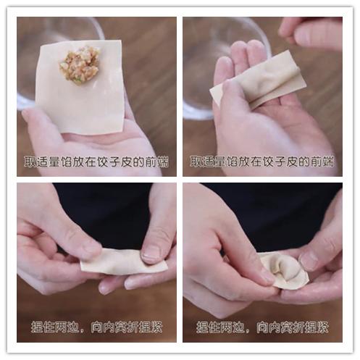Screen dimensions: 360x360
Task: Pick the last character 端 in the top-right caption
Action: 330,161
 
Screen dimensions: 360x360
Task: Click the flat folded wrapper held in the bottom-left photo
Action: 123,261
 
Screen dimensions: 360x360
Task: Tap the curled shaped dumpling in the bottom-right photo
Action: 284,269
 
